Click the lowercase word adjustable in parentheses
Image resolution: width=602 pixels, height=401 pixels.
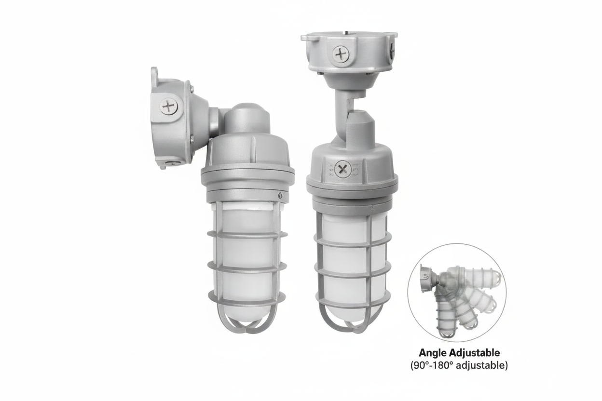tap(479, 365)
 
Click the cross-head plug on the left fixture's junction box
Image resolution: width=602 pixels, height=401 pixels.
tap(169, 106)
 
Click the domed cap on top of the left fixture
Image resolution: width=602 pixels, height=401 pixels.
tap(246, 114)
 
